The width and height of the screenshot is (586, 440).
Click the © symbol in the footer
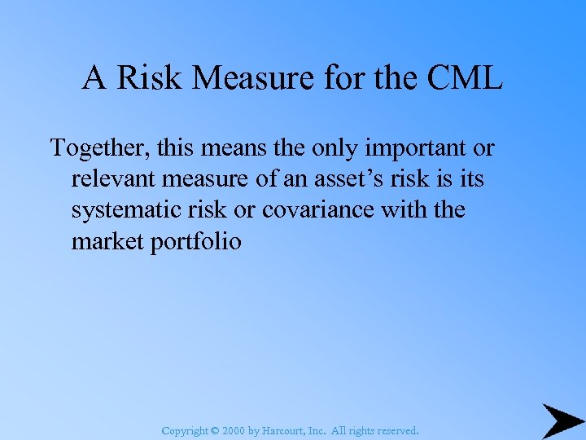tap(215, 430)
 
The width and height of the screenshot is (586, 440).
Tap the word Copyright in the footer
tap(185, 430)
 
